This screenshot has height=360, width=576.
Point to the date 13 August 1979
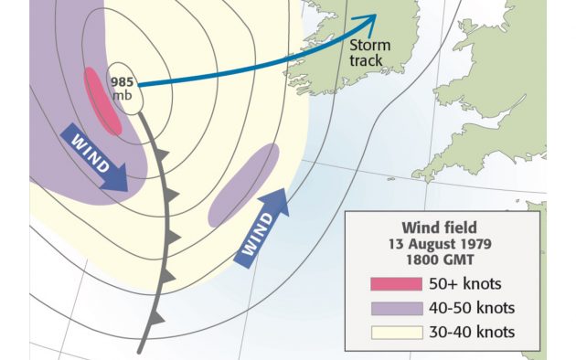click(x=441, y=244)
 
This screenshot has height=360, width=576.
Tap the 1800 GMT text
click(x=441, y=259)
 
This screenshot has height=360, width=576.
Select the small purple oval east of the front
click(x=243, y=185)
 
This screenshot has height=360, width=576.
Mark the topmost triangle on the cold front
click(x=161, y=156)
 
